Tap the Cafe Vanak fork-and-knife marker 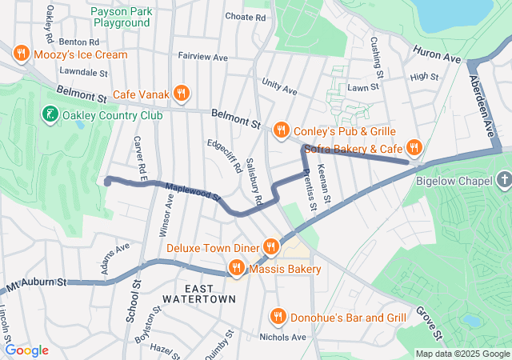pyautogui.click(x=182, y=94)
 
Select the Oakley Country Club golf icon pyautogui.click(x=50, y=115)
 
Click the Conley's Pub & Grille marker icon pyautogui.click(x=281, y=130)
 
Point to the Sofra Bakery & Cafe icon pyautogui.click(x=414, y=146)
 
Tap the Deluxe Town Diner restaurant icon pyautogui.click(x=271, y=247)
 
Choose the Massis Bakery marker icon pyautogui.click(x=237, y=267)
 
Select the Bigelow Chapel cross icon pyautogui.click(x=503, y=181)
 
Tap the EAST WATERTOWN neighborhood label pyautogui.click(x=199, y=293)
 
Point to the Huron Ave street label pyautogui.click(x=438, y=55)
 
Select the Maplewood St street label pyautogui.click(x=192, y=192)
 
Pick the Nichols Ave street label pyautogui.click(x=282, y=337)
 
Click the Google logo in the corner pyautogui.click(x=27, y=350)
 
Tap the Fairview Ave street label pyautogui.click(x=203, y=57)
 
